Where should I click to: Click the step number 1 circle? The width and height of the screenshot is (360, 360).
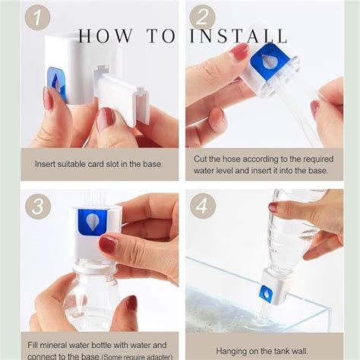37,17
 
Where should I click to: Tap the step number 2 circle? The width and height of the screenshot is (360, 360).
202,17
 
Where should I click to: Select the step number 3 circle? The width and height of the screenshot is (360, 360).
38,207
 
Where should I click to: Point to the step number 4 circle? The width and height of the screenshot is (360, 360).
203,207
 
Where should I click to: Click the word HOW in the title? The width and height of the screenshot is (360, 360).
105,36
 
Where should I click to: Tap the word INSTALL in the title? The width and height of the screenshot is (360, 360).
238,36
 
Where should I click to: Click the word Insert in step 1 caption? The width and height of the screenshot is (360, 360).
45,164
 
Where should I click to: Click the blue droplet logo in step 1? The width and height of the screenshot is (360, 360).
56,84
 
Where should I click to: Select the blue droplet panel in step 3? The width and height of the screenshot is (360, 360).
93,222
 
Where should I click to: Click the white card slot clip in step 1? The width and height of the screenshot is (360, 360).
122,97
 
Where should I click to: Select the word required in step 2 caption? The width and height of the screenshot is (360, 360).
318,159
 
